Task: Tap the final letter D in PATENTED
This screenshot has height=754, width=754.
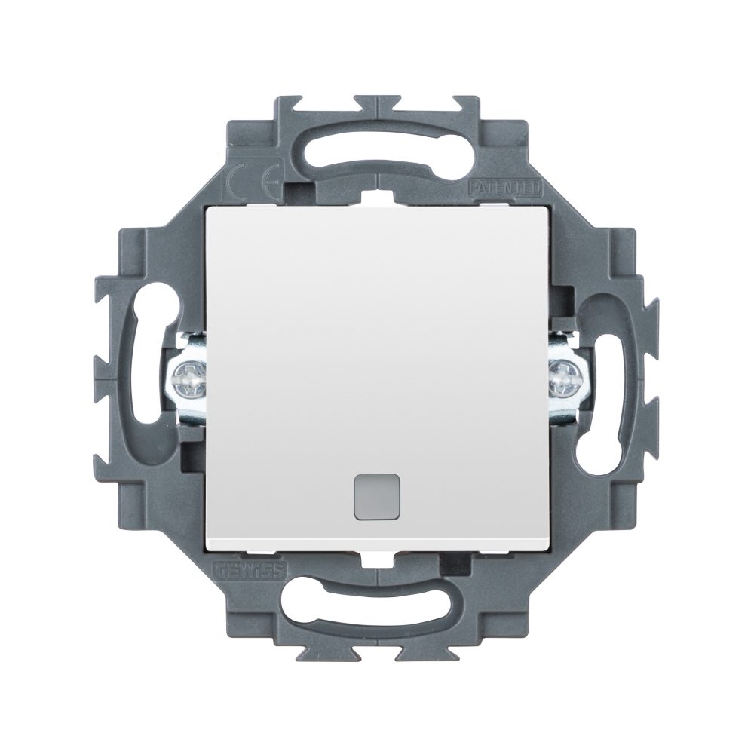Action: click(x=536, y=187)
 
